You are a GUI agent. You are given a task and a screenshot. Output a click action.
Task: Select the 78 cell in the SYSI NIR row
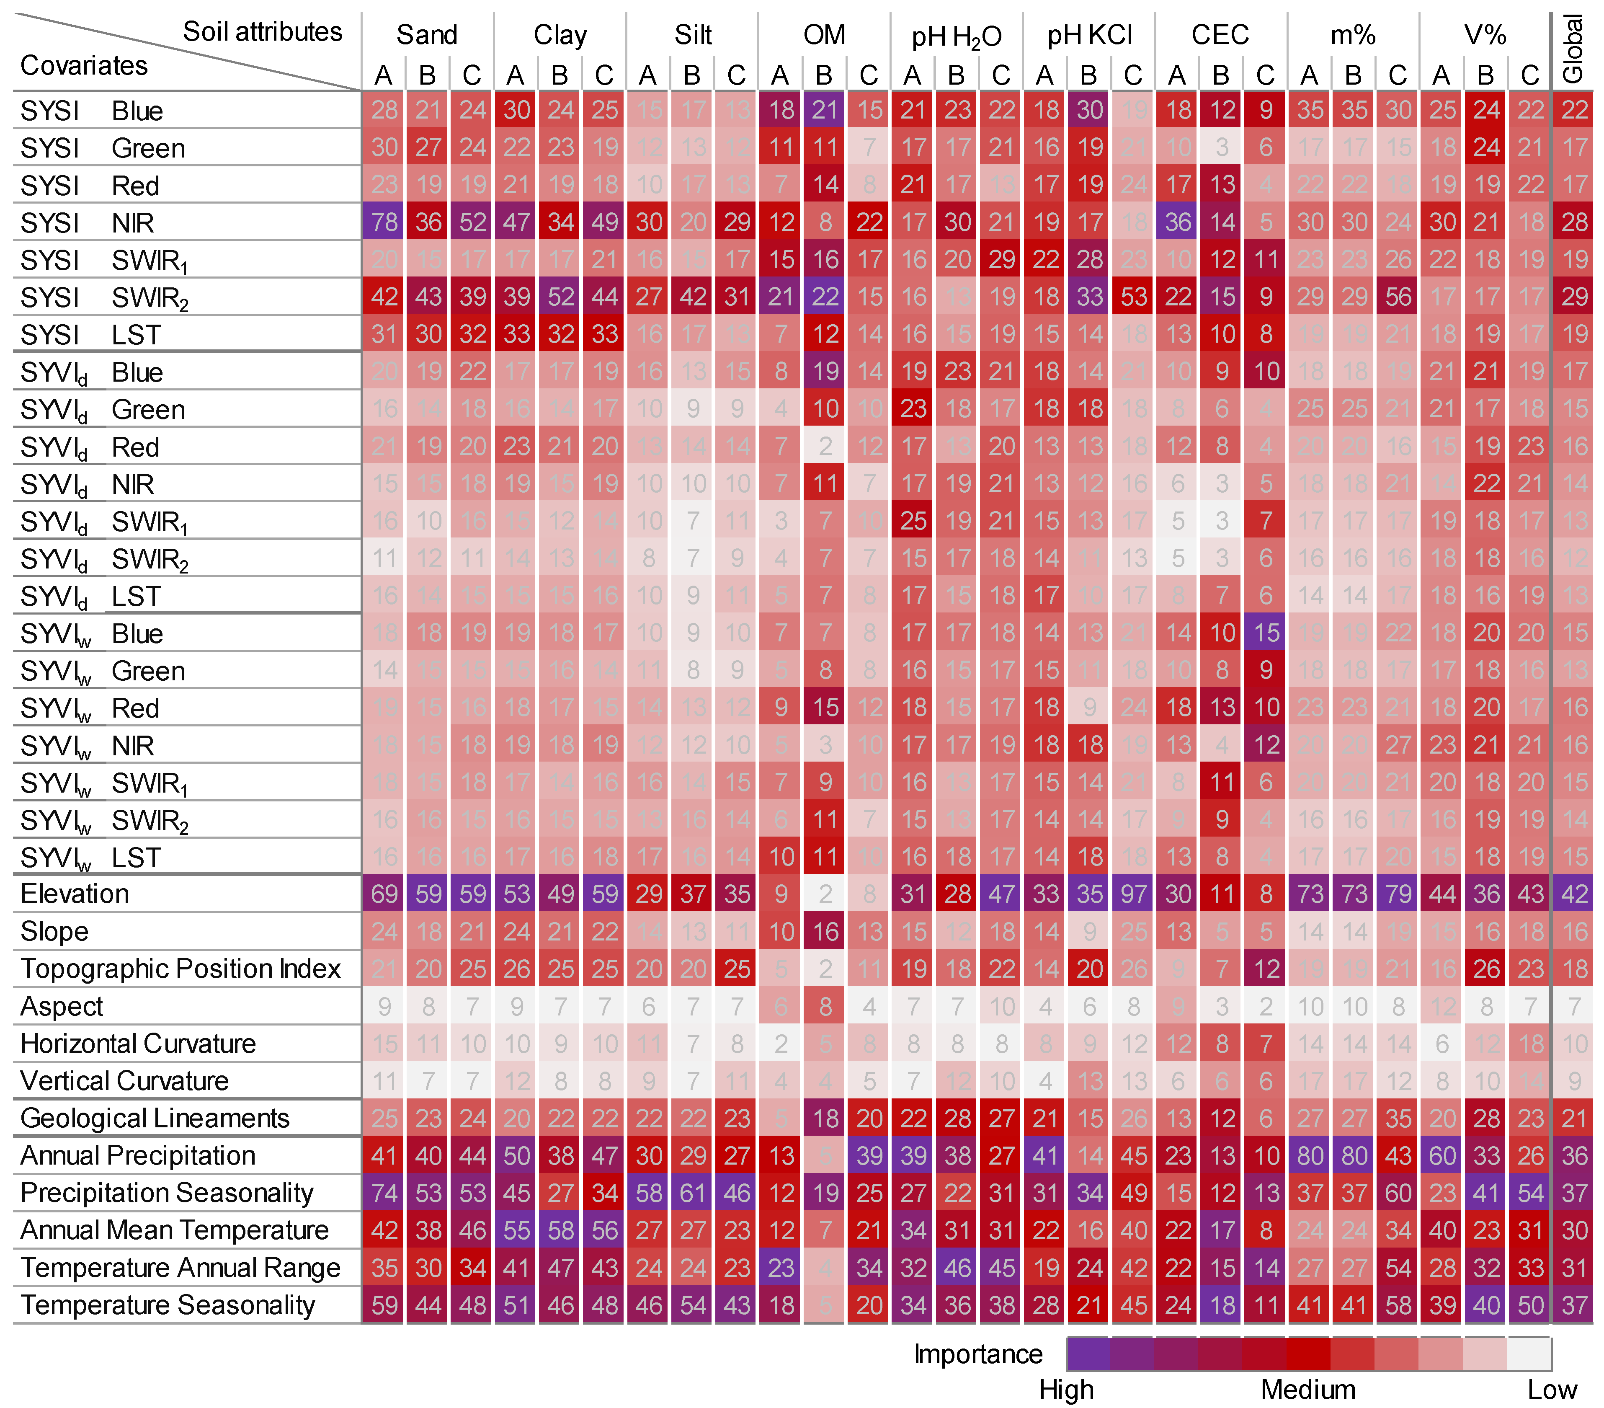point(384,222)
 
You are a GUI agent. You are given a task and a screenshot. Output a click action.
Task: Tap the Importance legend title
point(978,1354)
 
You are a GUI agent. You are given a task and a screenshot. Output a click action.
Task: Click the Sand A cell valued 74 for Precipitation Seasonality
point(384,1193)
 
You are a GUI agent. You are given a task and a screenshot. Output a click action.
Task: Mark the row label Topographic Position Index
point(181,969)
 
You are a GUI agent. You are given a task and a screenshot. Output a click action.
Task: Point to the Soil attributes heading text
point(262,31)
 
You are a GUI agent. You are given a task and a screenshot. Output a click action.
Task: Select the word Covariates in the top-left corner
point(83,65)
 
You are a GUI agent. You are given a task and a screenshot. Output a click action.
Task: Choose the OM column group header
point(824,34)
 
